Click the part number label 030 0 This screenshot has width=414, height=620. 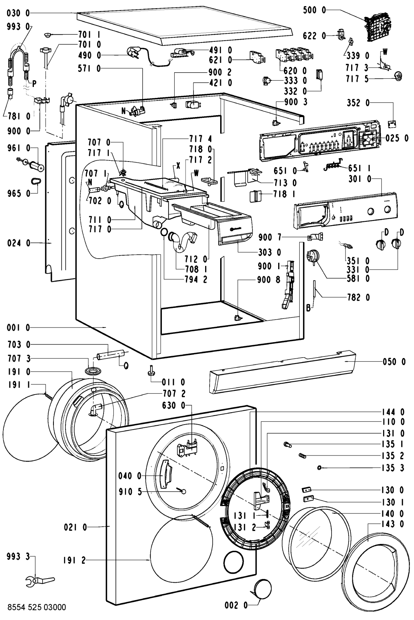coord(18,14)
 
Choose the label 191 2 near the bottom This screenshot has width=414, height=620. coord(75,560)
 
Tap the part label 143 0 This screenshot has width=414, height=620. coord(393,524)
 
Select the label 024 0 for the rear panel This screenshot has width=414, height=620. coord(18,243)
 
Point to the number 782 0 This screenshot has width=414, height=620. coord(358,297)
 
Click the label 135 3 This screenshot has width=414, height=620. coord(393,468)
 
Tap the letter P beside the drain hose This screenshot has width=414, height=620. coord(34,84)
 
